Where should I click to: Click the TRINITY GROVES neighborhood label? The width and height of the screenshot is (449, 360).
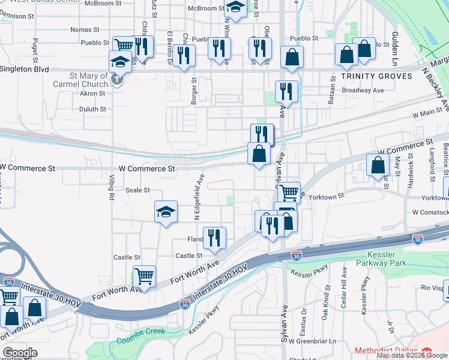coord(376,76)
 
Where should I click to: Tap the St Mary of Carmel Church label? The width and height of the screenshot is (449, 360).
coord(89,80)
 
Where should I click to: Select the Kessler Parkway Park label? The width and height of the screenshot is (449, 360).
coord(381,259)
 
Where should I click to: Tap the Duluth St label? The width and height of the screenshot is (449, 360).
coord(92,109)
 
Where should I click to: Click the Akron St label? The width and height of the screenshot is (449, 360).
coord(92,94)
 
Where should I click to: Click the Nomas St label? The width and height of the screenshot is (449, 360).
coord(85,29)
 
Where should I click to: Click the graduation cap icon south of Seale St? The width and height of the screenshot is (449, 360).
coord(166,212)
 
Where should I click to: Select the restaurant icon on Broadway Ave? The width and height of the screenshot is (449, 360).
coord(286,91)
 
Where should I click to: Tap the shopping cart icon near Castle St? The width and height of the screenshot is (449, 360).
coord(144,276)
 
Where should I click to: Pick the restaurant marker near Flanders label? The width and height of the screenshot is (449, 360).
coord(214,238)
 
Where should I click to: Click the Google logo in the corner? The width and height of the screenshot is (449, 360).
coord(20,353)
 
